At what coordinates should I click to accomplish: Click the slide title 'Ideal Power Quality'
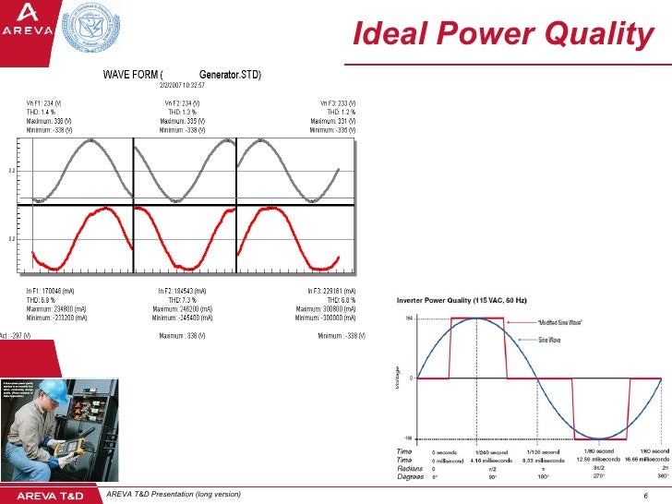504,34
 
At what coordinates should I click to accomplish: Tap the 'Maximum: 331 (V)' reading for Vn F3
333,120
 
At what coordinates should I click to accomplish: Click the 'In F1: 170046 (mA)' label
56,292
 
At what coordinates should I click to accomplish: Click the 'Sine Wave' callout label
555,340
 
